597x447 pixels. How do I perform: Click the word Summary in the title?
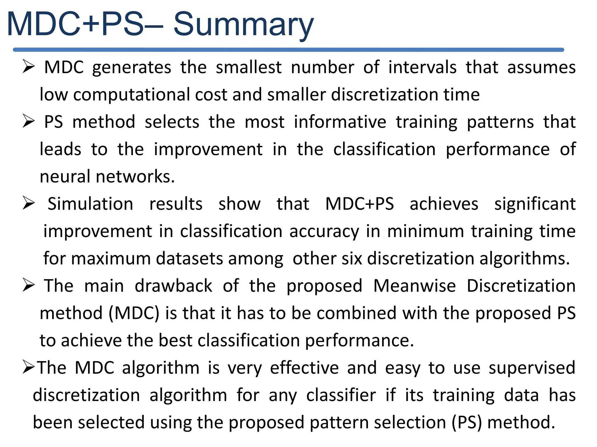tap(243, 25)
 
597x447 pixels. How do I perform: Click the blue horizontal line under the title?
tap(289, 50)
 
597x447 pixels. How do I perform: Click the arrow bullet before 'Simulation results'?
tap(29, 203)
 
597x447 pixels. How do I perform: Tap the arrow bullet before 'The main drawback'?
tap(29, 285)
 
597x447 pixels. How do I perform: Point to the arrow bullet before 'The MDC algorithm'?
tap(29, 367)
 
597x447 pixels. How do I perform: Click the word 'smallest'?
tap(249, 67)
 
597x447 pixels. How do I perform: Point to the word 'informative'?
tap(340, 122)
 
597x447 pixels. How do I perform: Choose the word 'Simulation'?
tap(90, 203)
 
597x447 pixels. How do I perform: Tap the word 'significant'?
tap(535, 204)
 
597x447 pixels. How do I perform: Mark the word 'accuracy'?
tap(324, 231)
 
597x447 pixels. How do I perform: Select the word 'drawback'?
tap(173, 285)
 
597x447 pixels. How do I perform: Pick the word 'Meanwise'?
tap(415, 285)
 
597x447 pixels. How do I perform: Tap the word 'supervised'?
tap(532, 368)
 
